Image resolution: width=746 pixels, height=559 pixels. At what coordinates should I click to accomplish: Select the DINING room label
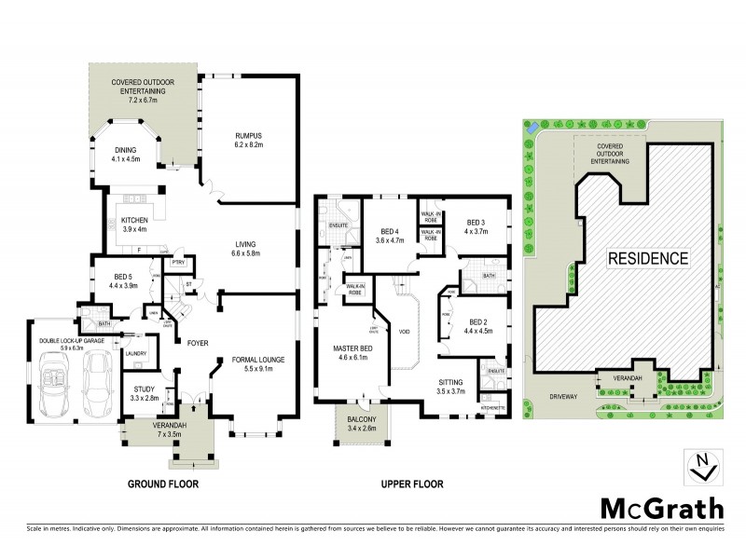click(x=125, y=153)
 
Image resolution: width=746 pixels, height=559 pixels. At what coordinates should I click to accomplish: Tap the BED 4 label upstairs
click(x=391, y=235)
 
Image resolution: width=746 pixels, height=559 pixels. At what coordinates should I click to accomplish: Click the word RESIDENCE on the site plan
click(x=648, y=258)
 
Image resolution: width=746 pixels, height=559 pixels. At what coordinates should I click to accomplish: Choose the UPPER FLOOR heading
click(x=410, y=484)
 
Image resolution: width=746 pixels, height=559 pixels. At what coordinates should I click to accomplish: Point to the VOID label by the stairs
click(x=403, y=330)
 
